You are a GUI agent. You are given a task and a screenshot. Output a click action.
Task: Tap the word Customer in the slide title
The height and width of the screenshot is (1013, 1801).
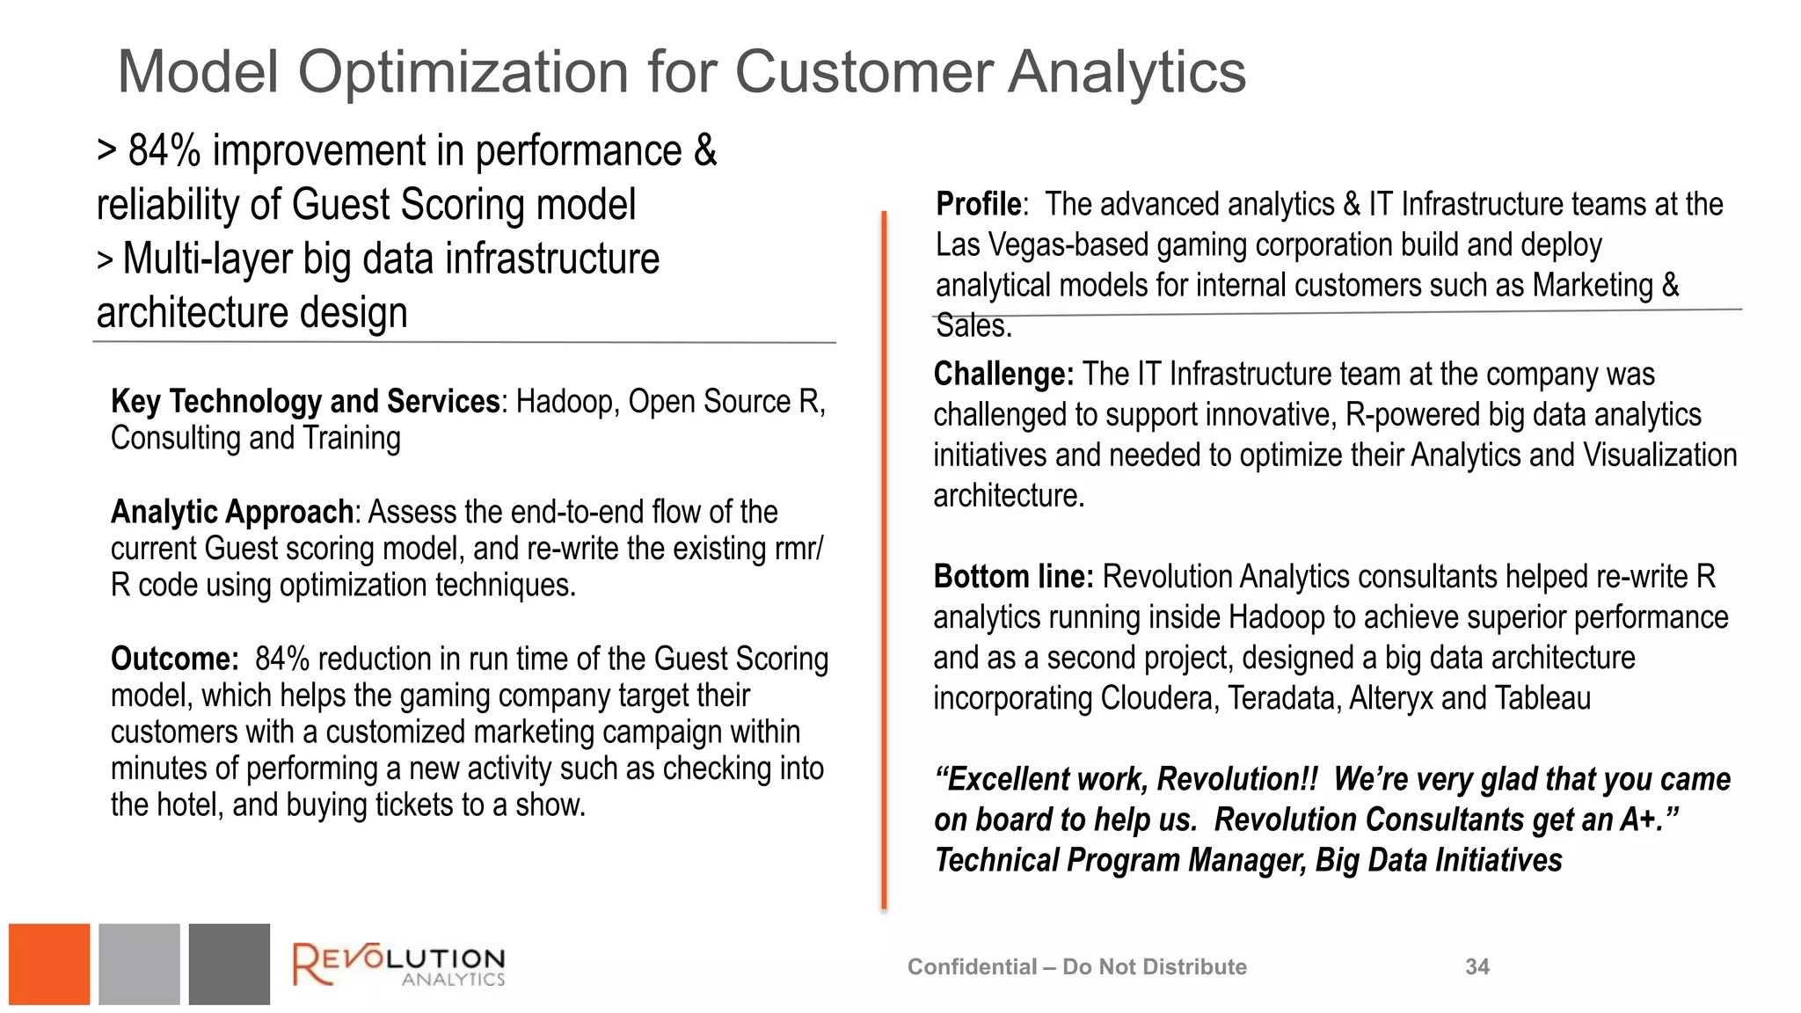coord(864,72)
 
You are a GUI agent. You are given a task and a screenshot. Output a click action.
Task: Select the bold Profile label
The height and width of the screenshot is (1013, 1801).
coord(978,204)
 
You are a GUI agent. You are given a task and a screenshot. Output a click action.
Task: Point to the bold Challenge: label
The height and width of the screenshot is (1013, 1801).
coord(1003,375)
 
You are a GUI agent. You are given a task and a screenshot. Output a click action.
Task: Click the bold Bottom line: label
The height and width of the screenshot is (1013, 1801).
coord(1013,577)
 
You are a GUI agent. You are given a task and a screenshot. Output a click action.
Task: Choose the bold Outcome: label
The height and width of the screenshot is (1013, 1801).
coord(174,659)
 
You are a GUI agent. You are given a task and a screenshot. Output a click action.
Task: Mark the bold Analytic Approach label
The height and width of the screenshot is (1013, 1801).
coord(232,512)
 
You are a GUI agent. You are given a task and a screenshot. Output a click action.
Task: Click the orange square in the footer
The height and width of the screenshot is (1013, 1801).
coord(49,964)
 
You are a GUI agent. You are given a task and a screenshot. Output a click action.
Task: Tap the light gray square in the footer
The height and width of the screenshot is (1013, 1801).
coord(139,964)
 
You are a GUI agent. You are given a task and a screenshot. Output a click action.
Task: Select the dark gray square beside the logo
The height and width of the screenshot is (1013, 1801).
coord(230,964)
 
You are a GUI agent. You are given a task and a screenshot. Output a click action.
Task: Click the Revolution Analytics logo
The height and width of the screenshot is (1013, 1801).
coord(398,965)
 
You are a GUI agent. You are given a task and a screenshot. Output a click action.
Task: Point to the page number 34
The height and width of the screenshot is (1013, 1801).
coord(1477,966)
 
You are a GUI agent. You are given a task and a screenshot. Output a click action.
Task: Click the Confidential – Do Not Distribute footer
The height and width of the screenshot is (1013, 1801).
coord(1076,966)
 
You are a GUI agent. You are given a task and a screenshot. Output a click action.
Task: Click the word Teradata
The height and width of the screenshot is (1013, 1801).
coord(1283,698)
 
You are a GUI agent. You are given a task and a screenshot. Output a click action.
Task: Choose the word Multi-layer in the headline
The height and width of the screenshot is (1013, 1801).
coord(208,259)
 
